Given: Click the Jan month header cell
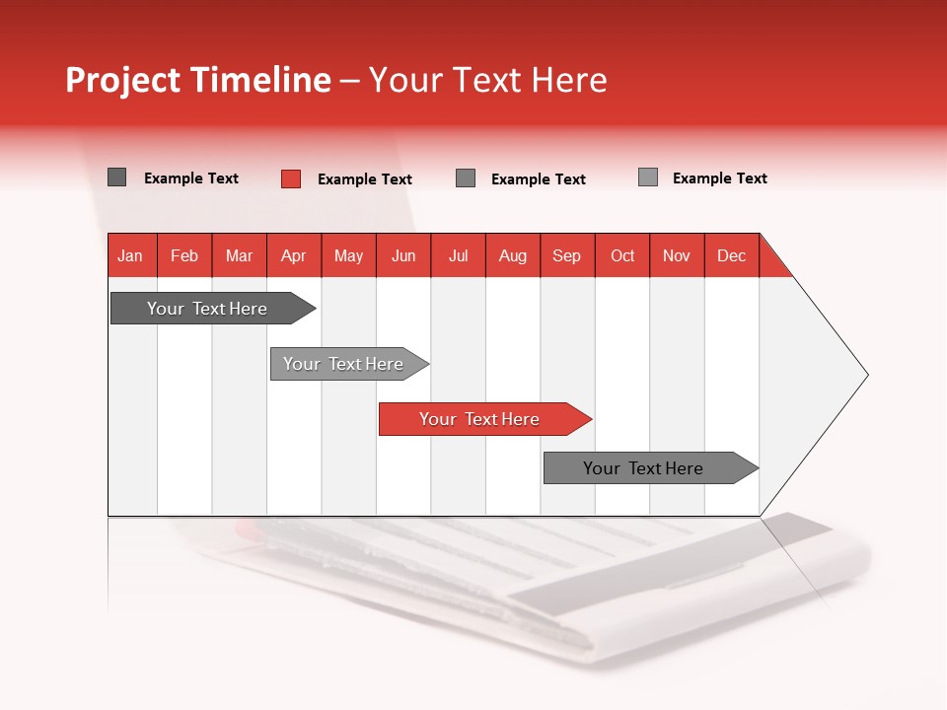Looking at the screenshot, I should click(131, 255).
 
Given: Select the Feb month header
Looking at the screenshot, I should click(184, 255).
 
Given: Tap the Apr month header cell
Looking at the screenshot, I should click(294, 255).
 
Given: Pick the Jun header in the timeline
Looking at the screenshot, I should click(403, 255).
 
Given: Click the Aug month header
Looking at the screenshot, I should click(513, 255).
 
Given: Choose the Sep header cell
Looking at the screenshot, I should click(567, 255).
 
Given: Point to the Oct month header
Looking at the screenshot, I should click(622, 255).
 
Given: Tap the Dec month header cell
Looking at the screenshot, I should click(732, 255).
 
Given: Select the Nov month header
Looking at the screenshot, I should click(677, 255).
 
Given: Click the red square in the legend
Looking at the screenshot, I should click(291, 178).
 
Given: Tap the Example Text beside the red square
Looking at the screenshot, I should click(365, 179).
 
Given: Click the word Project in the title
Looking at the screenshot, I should click(124, 80).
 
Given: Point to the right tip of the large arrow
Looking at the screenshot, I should click(866, 375).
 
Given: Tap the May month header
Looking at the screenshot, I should click(348, 255).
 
